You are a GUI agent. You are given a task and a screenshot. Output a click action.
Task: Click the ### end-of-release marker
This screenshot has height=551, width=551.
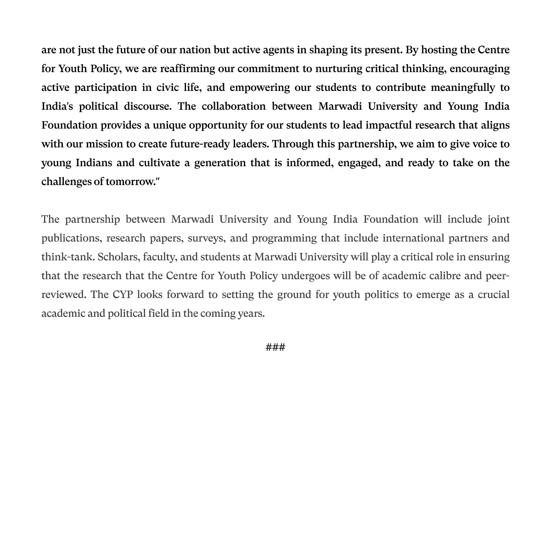(275, 347)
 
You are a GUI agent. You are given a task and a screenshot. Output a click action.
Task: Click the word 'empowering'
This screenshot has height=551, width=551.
(259, 87)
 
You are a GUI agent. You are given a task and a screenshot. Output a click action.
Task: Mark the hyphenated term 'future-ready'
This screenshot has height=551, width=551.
(200, 144)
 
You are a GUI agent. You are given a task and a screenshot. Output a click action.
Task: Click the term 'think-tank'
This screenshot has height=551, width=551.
(67, 257)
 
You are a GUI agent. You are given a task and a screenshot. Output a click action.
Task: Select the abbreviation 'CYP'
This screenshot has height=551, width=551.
(123, 294)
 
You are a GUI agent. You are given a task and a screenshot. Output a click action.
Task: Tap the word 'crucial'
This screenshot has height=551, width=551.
(493, 294)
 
